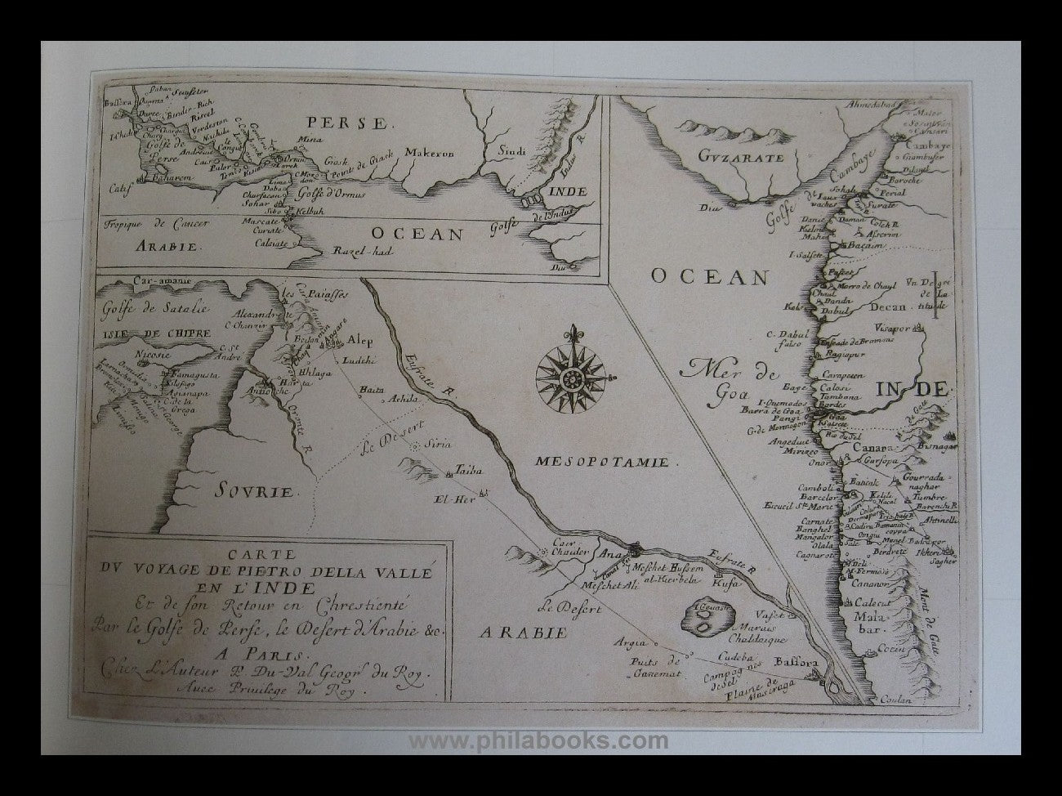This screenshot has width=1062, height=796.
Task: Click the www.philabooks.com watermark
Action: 538,741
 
